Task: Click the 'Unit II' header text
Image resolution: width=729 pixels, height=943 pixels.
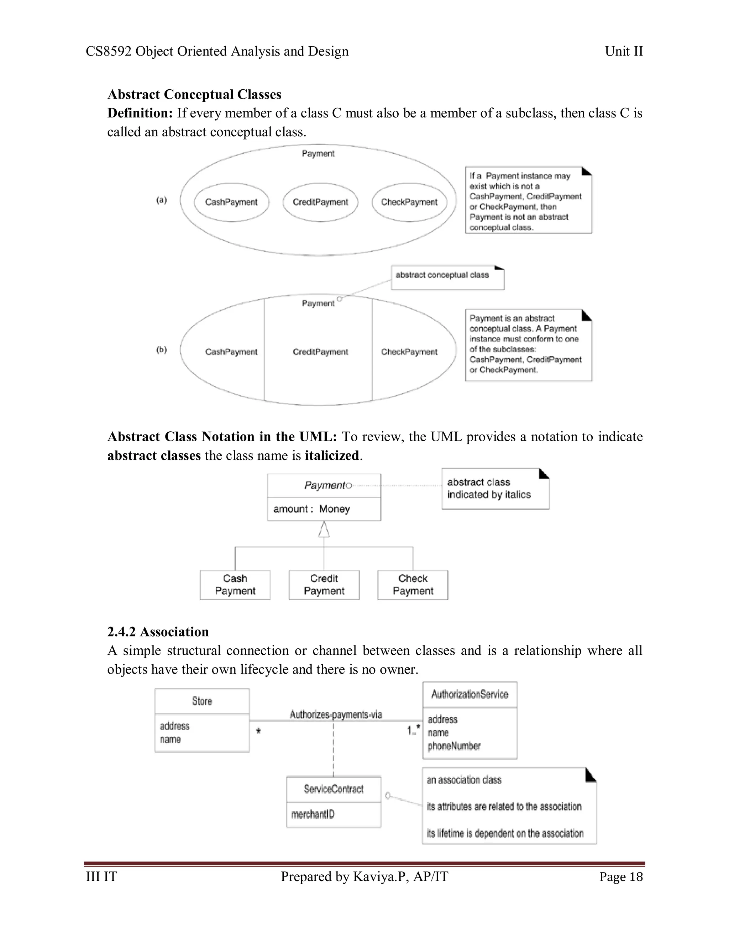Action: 623,51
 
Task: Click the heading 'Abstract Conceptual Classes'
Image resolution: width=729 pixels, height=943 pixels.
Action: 194,94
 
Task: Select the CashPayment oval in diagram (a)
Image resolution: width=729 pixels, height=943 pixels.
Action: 231,202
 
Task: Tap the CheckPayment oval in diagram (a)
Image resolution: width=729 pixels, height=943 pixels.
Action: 409,202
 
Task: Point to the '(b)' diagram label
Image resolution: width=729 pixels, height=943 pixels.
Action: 162,349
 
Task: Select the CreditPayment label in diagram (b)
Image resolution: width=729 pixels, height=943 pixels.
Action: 320,352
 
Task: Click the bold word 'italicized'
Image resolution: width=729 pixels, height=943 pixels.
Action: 331,455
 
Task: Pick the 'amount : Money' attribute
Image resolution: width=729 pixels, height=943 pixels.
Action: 311,509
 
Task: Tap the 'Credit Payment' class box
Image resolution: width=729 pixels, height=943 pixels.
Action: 324,585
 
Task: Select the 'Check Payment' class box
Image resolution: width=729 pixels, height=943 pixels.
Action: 413,585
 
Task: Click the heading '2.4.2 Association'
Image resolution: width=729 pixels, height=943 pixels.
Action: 158,632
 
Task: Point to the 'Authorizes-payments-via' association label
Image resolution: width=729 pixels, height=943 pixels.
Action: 336,715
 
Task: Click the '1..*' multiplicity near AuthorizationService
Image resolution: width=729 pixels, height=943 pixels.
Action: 413,730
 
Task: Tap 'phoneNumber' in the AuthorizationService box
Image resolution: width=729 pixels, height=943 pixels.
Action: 454,746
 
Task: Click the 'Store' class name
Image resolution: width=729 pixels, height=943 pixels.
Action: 202,701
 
